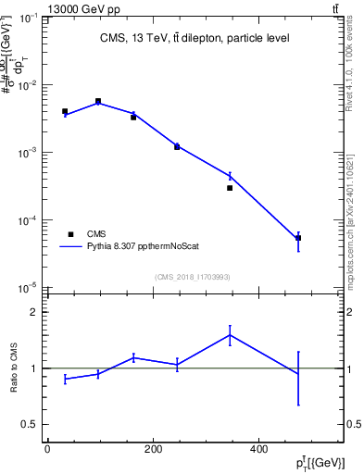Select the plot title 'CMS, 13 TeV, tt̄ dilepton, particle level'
pos(195,38)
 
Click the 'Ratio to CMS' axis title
pos(16,368)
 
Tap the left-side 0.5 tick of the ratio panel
pos(31,424)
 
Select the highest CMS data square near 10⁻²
pos(98,101)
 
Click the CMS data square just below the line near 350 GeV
pos(230,188)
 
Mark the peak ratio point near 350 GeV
pos(230,334)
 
